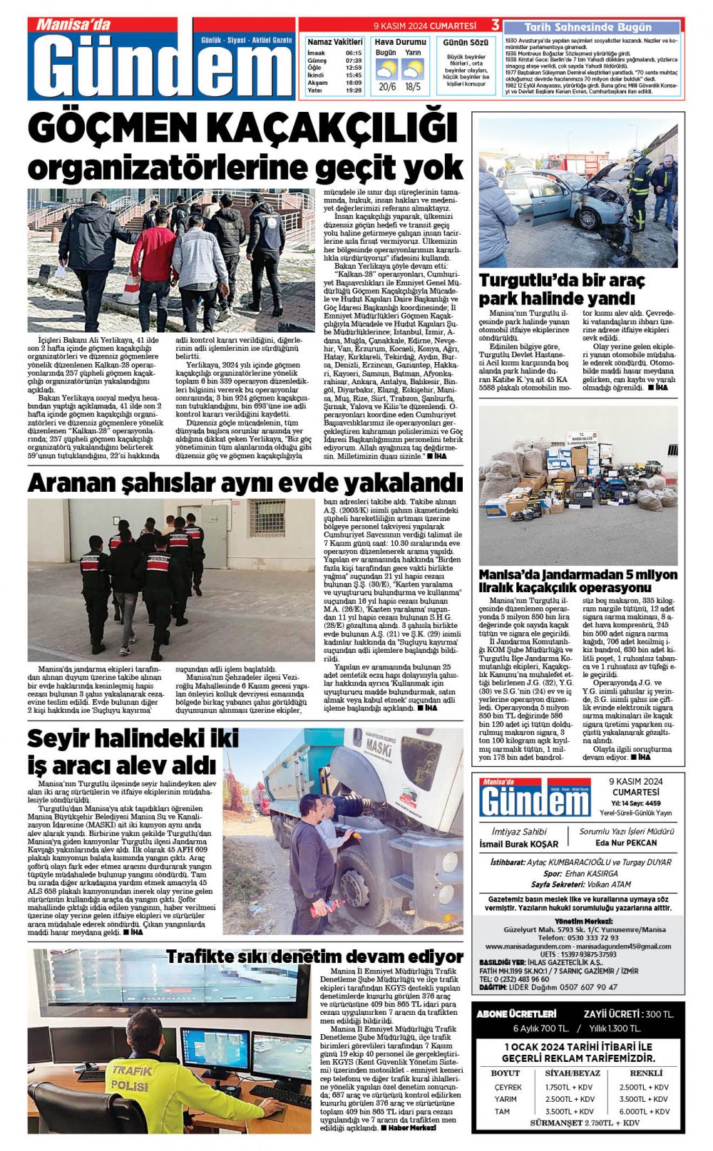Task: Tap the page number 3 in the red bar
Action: pyautogui.click(x=495, y=26)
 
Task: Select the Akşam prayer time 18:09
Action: pyautogui.click(x=354, y=83)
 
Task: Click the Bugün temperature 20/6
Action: pyautogui.click(x=387, y=87)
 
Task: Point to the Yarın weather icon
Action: pyautogui.click(x=413, y=69)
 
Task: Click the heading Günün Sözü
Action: pyautogui.click(x=466, y=43)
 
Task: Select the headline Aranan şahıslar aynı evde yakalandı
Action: pyautogui.click(x=245, y=483)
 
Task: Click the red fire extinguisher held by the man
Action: pyautogui.click(x=327, y=909)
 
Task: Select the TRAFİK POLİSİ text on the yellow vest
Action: pyautogui.click(x=130, y=1078)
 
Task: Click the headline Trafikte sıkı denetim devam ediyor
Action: pyautogui.click(x=314, y=956)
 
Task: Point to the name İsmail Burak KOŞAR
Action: pyautogui.click(x=518, y=844)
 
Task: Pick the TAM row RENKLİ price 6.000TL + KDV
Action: pyautogui.click(x=643, y=1111)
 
